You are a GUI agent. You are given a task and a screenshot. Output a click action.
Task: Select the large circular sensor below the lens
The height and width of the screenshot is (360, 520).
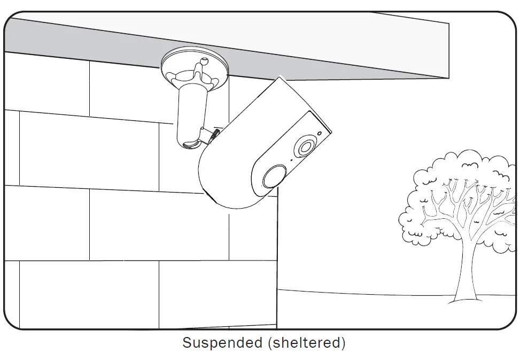(274, 176)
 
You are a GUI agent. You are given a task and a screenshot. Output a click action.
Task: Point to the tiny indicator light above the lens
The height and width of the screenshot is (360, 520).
(320, 133)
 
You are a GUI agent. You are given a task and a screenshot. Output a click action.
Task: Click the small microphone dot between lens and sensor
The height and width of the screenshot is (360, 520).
(291, 160)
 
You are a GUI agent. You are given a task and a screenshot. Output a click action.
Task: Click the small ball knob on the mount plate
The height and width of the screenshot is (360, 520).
(204, 60)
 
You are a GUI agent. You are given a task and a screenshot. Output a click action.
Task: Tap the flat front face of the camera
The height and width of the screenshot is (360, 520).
(289, 156)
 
